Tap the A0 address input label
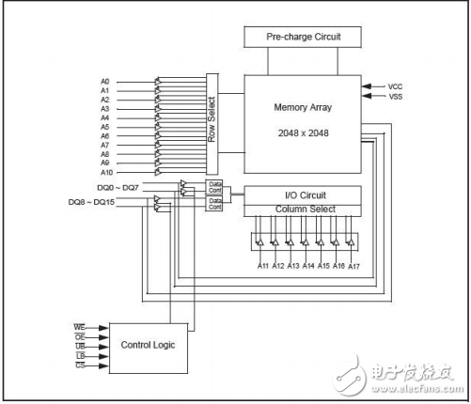point(105,81)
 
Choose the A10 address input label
point(107,172)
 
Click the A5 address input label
point(105,127)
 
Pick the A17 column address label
point(354,267)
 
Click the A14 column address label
point(307,267)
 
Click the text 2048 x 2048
point(302,132)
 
